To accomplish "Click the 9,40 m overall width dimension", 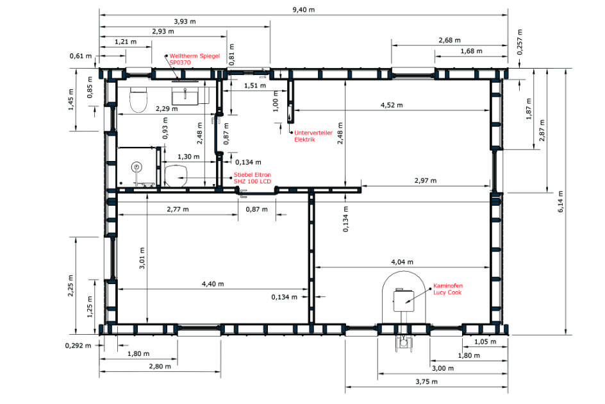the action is click(x=304, y=10).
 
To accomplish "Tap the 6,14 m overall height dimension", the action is click(x=560, y=201).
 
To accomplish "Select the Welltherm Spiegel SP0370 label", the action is click(x=194, y=59).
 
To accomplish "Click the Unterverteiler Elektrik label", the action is click(x=313, y=136).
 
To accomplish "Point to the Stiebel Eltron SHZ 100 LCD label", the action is click(x=253, y=178).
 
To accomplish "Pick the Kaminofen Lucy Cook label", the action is click(x=447, y=289).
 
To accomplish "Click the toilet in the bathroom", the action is click(x=138, y=99).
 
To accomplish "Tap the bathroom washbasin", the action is click(x=185, y=96).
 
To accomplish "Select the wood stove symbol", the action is click(x=404, y=300).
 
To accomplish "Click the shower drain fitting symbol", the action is click(x=136, y=167).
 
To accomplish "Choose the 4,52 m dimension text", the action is click(x=392, y=105).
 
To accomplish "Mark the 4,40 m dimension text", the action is click(x=213, y=284).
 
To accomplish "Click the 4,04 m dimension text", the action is click(x=402, y=262).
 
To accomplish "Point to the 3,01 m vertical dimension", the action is click(x=142, y=258).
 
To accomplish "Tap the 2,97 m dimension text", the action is click(x=426, y=180).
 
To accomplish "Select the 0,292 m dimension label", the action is click(x=78, y=345).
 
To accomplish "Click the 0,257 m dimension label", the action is click(x=520, y=42).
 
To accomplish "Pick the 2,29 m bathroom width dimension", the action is click(x=167, y=109).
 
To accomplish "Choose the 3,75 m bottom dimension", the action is click(x=426, y=382).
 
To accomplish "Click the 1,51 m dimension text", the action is click(x=254, y=85).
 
